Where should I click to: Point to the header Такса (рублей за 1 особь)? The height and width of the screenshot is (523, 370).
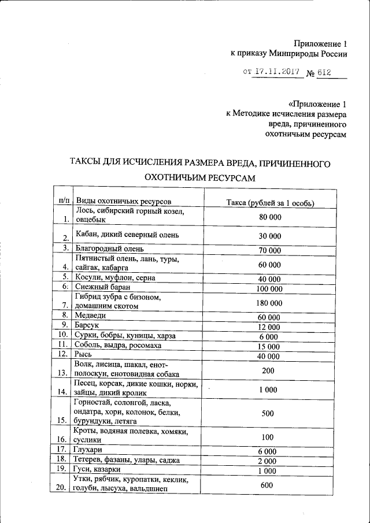click(x=269, y=202)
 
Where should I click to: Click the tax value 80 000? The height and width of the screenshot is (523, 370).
click(x=269, y=216)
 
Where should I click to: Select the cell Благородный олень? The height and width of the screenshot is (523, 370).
click(x=110, y=249)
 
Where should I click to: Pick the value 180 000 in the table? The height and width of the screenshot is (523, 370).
click(x=269, y=302)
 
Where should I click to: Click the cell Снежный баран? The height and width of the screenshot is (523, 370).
click(x=103, y=287)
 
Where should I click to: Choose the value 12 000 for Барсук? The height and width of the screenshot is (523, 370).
click(x=269, y=327)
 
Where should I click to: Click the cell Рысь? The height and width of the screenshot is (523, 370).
click(x=85, y=354)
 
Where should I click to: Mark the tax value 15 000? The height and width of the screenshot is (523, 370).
click(x=269, y=346)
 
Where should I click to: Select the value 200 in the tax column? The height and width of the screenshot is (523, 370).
click(x=267, y=369)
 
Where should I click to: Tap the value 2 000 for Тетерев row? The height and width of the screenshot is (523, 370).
click(x=268, y=461)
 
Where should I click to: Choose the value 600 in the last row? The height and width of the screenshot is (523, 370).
click(x=267, y=485)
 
